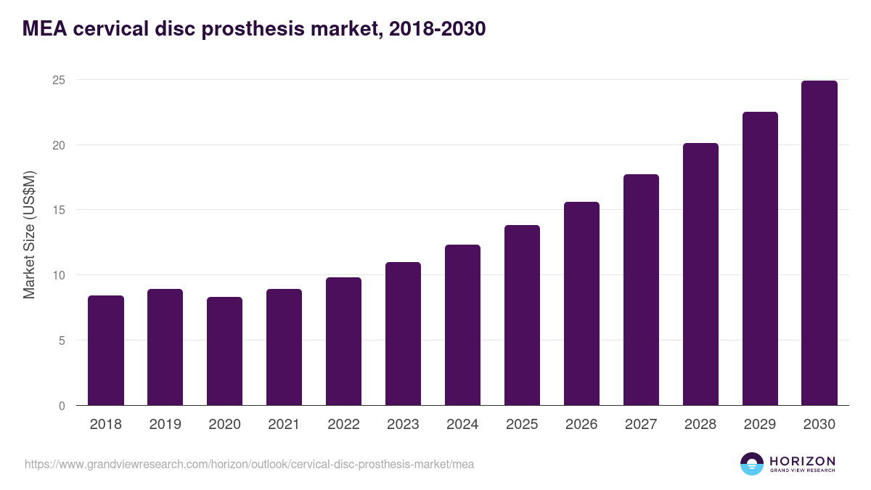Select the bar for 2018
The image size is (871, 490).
tap(106, 351)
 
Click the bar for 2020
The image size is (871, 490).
tap(225, 351)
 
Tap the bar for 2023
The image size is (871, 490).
tap(403, 334)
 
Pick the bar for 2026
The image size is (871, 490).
tap(581, 303)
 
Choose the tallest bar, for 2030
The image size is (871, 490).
tap(819, 243)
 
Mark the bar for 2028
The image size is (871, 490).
tap(700, 274)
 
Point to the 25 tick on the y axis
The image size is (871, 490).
tap(59, 80)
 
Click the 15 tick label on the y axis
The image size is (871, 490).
tap(59, 211)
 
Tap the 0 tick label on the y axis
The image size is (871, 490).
tap(62, 406)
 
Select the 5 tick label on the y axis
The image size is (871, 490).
tap(62, 340)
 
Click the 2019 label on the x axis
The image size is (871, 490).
tap(165, 425)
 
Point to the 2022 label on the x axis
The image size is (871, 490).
tap(343, 425)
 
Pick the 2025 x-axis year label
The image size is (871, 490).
tap(522, 425)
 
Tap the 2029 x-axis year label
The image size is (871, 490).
tap(760, 425)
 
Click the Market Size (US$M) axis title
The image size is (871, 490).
tap(30, 235)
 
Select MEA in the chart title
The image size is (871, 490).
tap(43, 29)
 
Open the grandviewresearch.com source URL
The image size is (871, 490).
tap(249, 464)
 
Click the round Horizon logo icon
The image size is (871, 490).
tap(752, 464)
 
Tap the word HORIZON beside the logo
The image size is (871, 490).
tap(802, 461)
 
